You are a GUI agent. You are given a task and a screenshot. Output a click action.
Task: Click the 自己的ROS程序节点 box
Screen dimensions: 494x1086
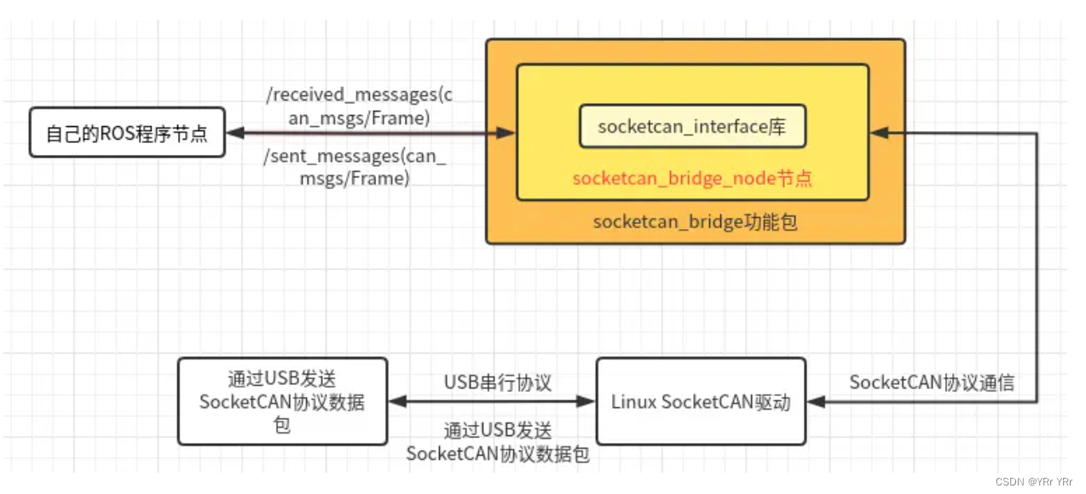pyautogui.click(x=127, y=133)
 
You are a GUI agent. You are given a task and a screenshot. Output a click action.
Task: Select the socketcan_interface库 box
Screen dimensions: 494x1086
pyautogui.click(x=692, y=127)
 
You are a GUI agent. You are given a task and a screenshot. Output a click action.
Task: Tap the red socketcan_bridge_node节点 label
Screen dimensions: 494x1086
pyautogui.click(x=692, y=179)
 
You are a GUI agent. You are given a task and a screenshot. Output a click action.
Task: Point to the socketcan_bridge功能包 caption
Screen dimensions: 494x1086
pyautogui.click(x=696, y=222)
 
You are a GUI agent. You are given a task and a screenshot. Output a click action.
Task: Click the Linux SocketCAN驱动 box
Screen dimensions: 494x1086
pyautogui.click(x=701, y=401)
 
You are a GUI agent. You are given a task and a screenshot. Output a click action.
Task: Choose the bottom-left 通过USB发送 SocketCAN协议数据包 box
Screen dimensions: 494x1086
pyautogui.click(x=282, y=401)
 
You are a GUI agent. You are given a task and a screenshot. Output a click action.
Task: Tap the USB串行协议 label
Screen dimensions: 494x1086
pyautogui.click(x=498, y=382)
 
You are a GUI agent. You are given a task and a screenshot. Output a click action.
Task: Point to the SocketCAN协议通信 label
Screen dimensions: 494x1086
pyautogui.click(x=932, y=382)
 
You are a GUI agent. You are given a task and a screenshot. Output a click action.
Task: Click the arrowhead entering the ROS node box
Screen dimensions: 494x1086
pyautogui.click(x=236, y=133)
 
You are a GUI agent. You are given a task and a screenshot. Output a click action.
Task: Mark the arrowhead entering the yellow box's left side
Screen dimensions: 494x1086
pyautogui.click(x=506, y=133)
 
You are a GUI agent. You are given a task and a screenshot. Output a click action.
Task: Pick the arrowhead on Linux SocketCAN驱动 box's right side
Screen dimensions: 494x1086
pyautogui.click(x=817, y=401)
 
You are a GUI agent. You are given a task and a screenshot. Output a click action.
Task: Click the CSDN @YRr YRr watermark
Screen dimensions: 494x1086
pyautogui.click(x=1034, y=482)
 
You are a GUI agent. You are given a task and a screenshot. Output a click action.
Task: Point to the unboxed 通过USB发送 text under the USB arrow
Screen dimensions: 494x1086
pyautogui.click(x=498, y=432)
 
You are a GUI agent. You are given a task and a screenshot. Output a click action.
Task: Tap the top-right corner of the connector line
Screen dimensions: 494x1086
pyautogui.click(x=1037, y=133)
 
